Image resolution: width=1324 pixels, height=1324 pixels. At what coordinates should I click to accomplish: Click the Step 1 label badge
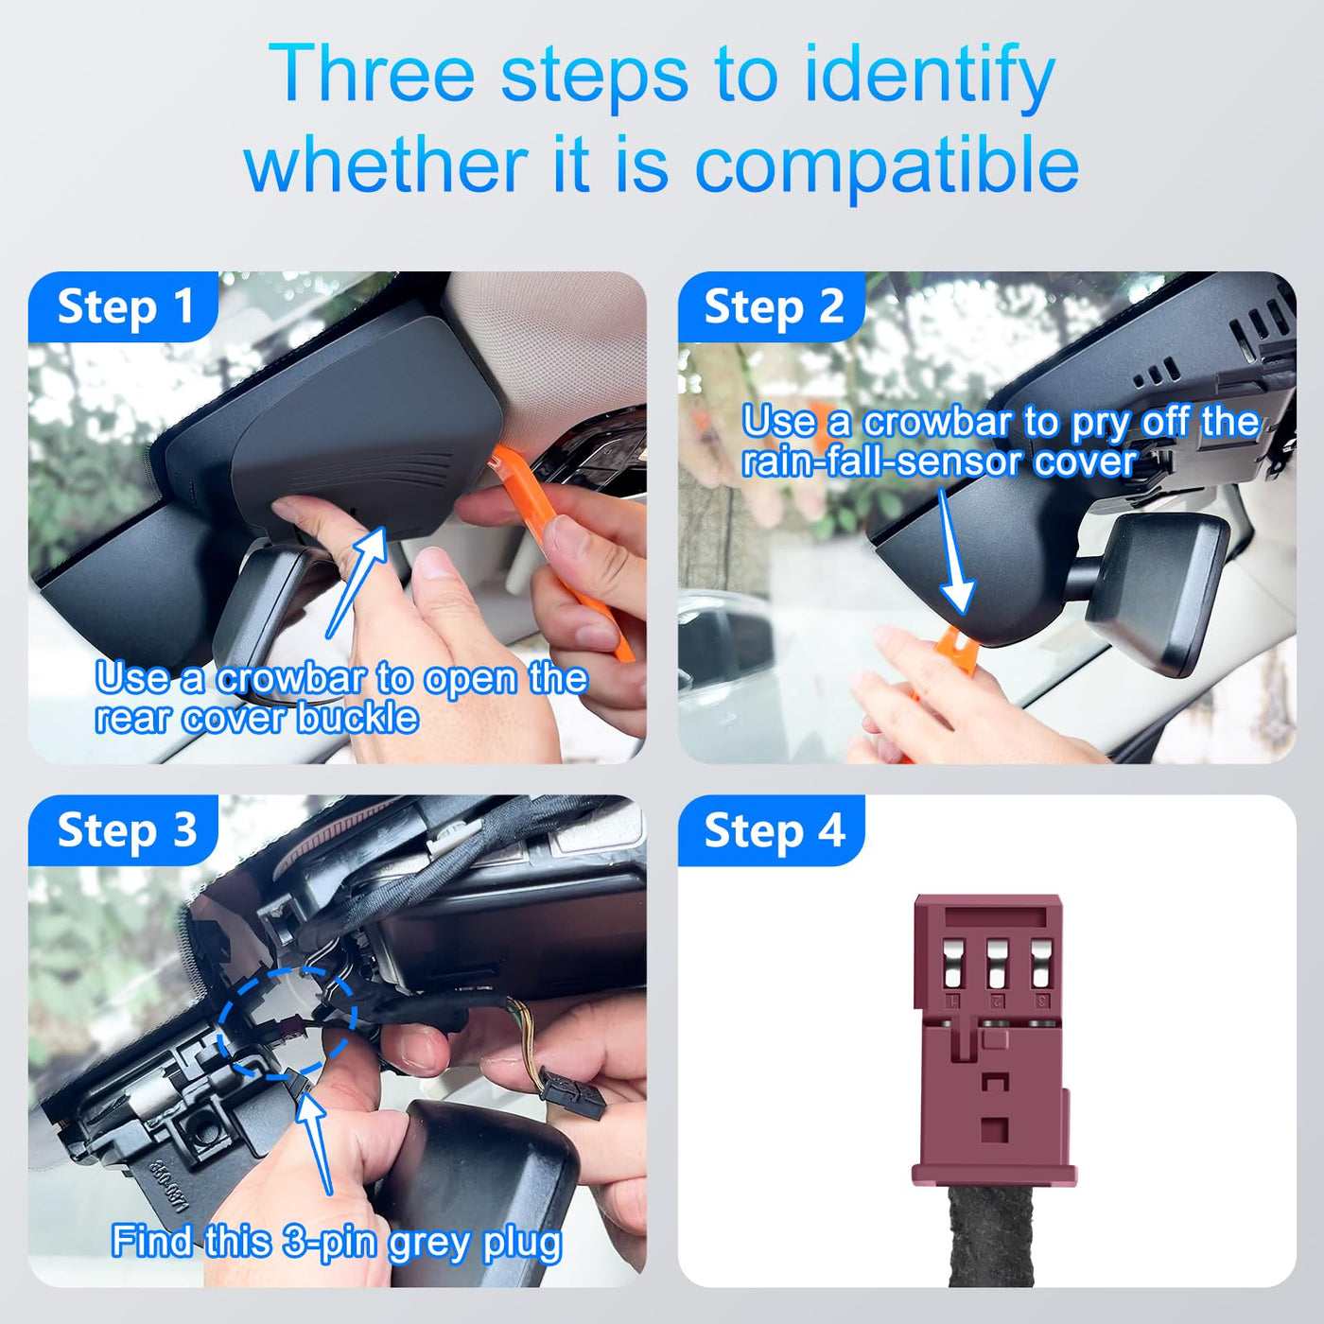tap(124, 306)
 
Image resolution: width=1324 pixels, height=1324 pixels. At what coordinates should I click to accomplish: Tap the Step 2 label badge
tap(772, 306)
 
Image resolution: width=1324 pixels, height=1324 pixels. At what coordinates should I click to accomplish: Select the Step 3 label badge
tap(124, 830)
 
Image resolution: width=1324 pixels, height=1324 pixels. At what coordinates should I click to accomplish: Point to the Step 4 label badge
tap(772, 830)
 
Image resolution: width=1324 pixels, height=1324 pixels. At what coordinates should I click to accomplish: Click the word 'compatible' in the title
tap(887, 165)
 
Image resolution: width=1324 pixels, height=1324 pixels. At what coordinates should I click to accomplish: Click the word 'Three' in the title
tap(371, 74)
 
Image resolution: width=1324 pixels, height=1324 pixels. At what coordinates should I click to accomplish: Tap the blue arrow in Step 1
tap(356, 582)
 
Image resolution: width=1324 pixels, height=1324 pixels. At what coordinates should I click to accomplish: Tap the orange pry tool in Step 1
tap(565, 549)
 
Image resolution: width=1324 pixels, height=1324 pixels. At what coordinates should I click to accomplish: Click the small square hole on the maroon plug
tap(994, 1129)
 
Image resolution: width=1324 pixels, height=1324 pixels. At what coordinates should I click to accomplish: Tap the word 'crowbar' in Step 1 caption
tap(291, 679)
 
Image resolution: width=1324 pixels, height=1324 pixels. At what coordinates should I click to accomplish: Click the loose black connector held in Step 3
tap(572, 1097)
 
